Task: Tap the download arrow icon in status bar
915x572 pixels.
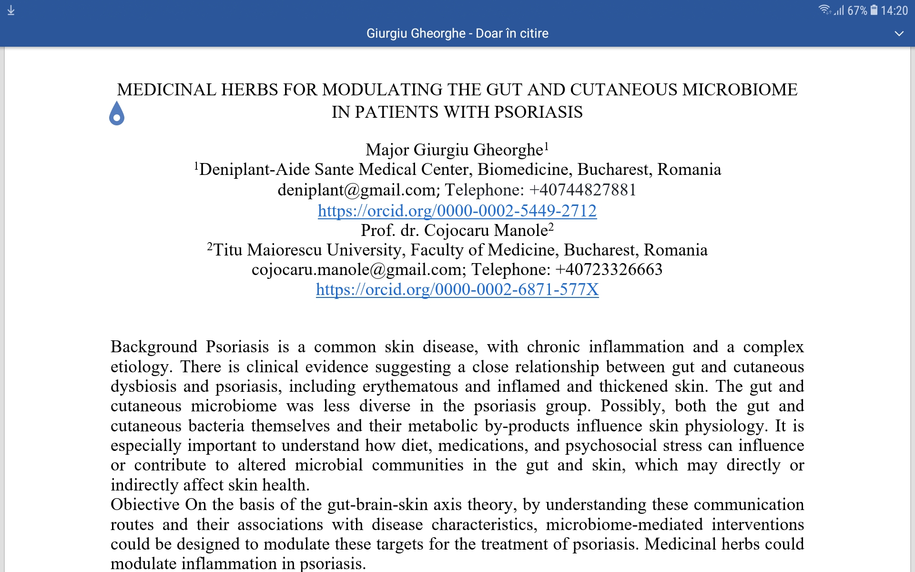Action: point(11,10)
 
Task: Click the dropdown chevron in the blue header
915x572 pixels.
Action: point(899,34)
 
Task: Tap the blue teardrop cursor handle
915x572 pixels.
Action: point(117,114)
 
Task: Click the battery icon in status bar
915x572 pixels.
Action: point(874,10)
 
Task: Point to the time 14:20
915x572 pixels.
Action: point(894,10)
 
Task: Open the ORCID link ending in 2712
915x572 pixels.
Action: point(457,211)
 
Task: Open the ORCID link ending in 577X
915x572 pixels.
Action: point(457,289)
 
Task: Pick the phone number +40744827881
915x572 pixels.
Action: point(582,190)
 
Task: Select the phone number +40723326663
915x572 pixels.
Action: point(609,270)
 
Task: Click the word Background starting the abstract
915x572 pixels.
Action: point(153,347)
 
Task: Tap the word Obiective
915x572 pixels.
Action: point(145,505)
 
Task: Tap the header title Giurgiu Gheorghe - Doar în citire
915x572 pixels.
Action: point(457,33)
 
